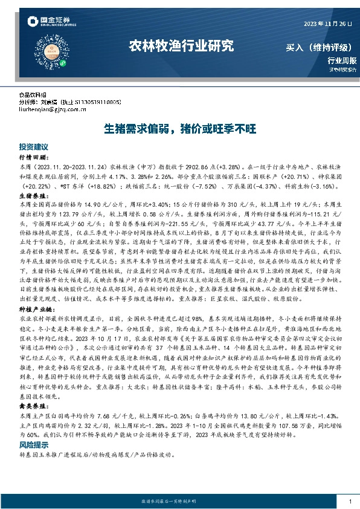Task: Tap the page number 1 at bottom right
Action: coord(350,501)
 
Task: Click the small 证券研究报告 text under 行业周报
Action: coord(342,70)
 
